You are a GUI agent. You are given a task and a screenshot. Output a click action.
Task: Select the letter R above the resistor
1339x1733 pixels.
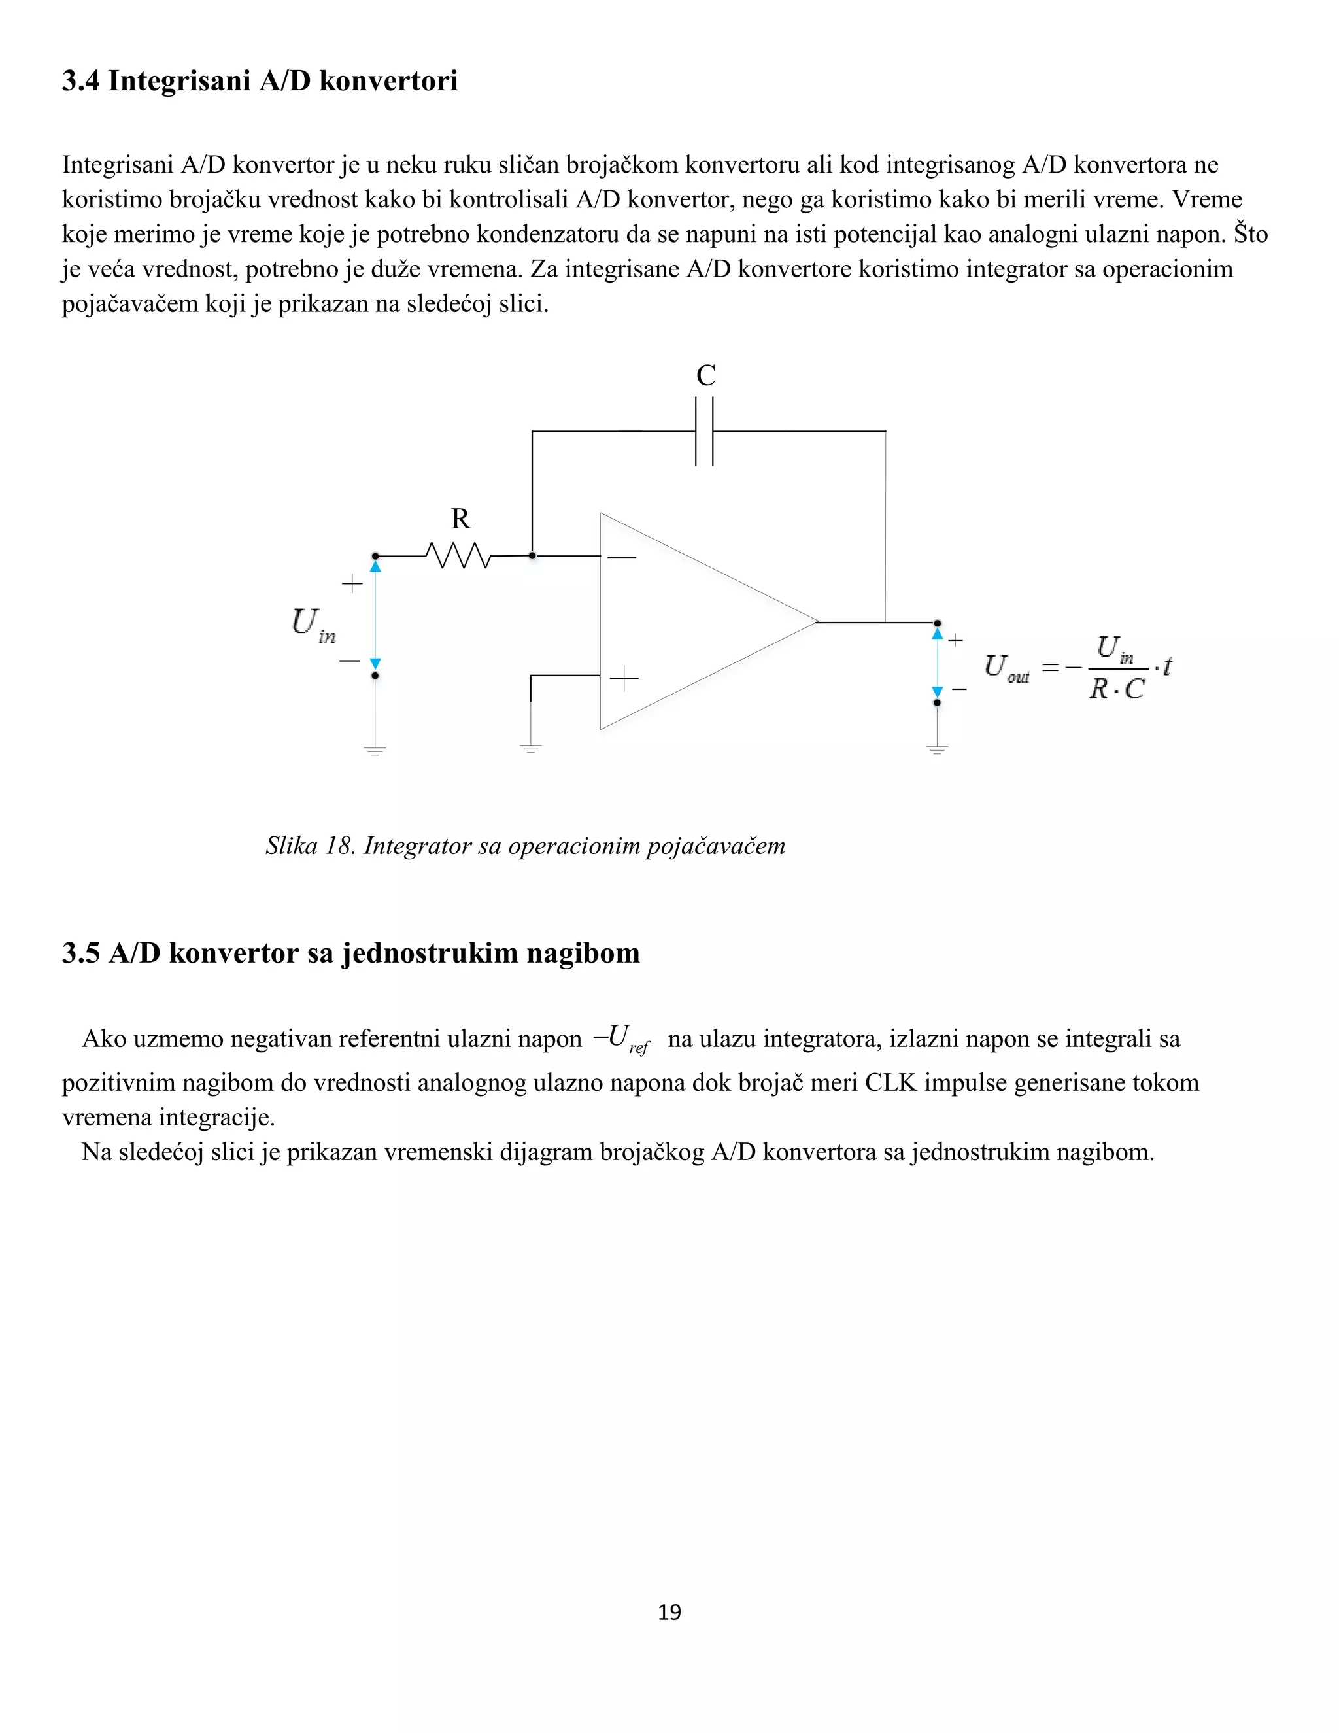point(461,519)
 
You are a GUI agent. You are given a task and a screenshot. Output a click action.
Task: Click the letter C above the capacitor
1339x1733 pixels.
point(706,375)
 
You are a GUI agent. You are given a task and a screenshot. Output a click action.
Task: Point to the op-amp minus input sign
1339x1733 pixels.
point(622,558)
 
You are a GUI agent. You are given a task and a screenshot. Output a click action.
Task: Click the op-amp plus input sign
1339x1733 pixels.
point(624,678)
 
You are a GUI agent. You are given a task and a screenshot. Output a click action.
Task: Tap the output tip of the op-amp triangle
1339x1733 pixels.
point(815,622)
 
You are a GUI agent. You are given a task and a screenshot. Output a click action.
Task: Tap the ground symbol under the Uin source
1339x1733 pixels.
point(375,749)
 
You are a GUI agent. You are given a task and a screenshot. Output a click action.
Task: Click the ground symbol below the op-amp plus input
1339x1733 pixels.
point(531,747)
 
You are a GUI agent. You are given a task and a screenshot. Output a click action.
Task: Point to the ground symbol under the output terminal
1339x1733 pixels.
point(937,748)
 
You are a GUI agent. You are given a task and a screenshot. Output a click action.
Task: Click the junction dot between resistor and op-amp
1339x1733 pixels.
point(532,555)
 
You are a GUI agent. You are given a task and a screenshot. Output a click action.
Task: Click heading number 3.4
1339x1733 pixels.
point(80,81)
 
